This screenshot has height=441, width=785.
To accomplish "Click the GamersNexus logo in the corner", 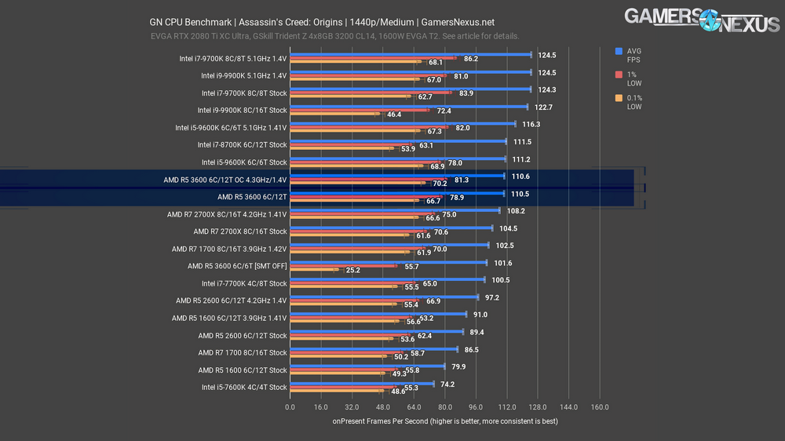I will pos(703,20).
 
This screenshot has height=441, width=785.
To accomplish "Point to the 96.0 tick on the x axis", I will pos(476,407).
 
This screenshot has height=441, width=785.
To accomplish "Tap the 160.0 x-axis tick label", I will pos(600,407).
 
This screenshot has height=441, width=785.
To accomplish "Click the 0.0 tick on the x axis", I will pos(290,407).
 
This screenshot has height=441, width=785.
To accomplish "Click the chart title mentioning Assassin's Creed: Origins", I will pos(322,22).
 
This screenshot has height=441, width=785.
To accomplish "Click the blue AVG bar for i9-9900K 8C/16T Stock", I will pos(408,107).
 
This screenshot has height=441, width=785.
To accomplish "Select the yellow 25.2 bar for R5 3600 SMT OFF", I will pos(314,270).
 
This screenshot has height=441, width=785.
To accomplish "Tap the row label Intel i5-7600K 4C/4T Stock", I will pos(244,387).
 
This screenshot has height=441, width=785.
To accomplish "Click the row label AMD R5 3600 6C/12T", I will pos(252,197).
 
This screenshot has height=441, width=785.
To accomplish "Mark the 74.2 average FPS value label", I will pos(447,385).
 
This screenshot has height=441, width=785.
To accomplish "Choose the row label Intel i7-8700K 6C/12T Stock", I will pos(243,145).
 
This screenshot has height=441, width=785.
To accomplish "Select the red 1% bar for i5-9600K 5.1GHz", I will pos(369,128).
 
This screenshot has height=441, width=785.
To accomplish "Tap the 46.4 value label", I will pos(395,115).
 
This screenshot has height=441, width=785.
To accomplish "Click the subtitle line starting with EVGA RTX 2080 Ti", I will pos(334,36).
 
